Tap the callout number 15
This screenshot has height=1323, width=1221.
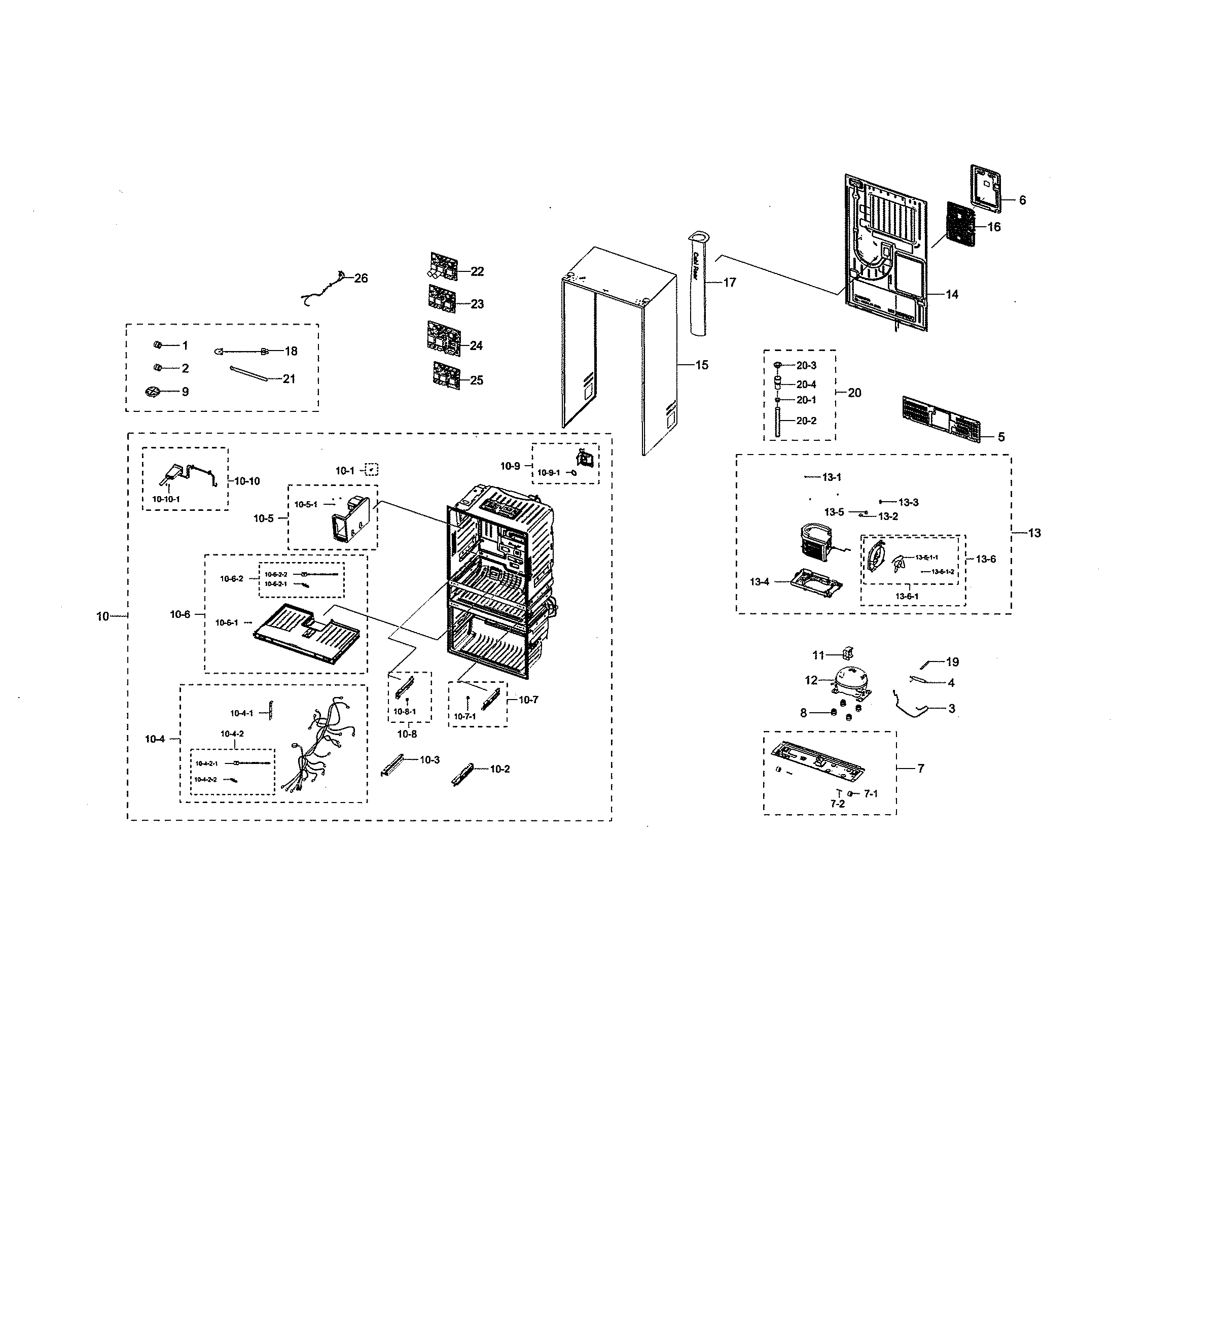click(x=702, y=365)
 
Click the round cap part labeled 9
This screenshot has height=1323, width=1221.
click(x=153, y=392)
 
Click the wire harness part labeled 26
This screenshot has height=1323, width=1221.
click(x=324, y=290)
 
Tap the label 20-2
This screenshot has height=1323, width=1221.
click(x=806, y=421)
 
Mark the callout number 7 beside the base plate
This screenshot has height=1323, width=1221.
click(x=920, y=768)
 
